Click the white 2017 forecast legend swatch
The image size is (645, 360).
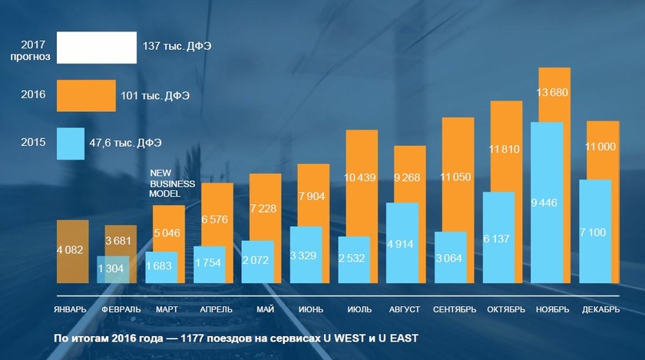point(97,47)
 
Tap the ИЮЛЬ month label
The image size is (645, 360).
point(359,309)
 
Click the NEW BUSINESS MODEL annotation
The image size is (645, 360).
point(172,184)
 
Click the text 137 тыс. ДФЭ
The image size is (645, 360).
point(177,47)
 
